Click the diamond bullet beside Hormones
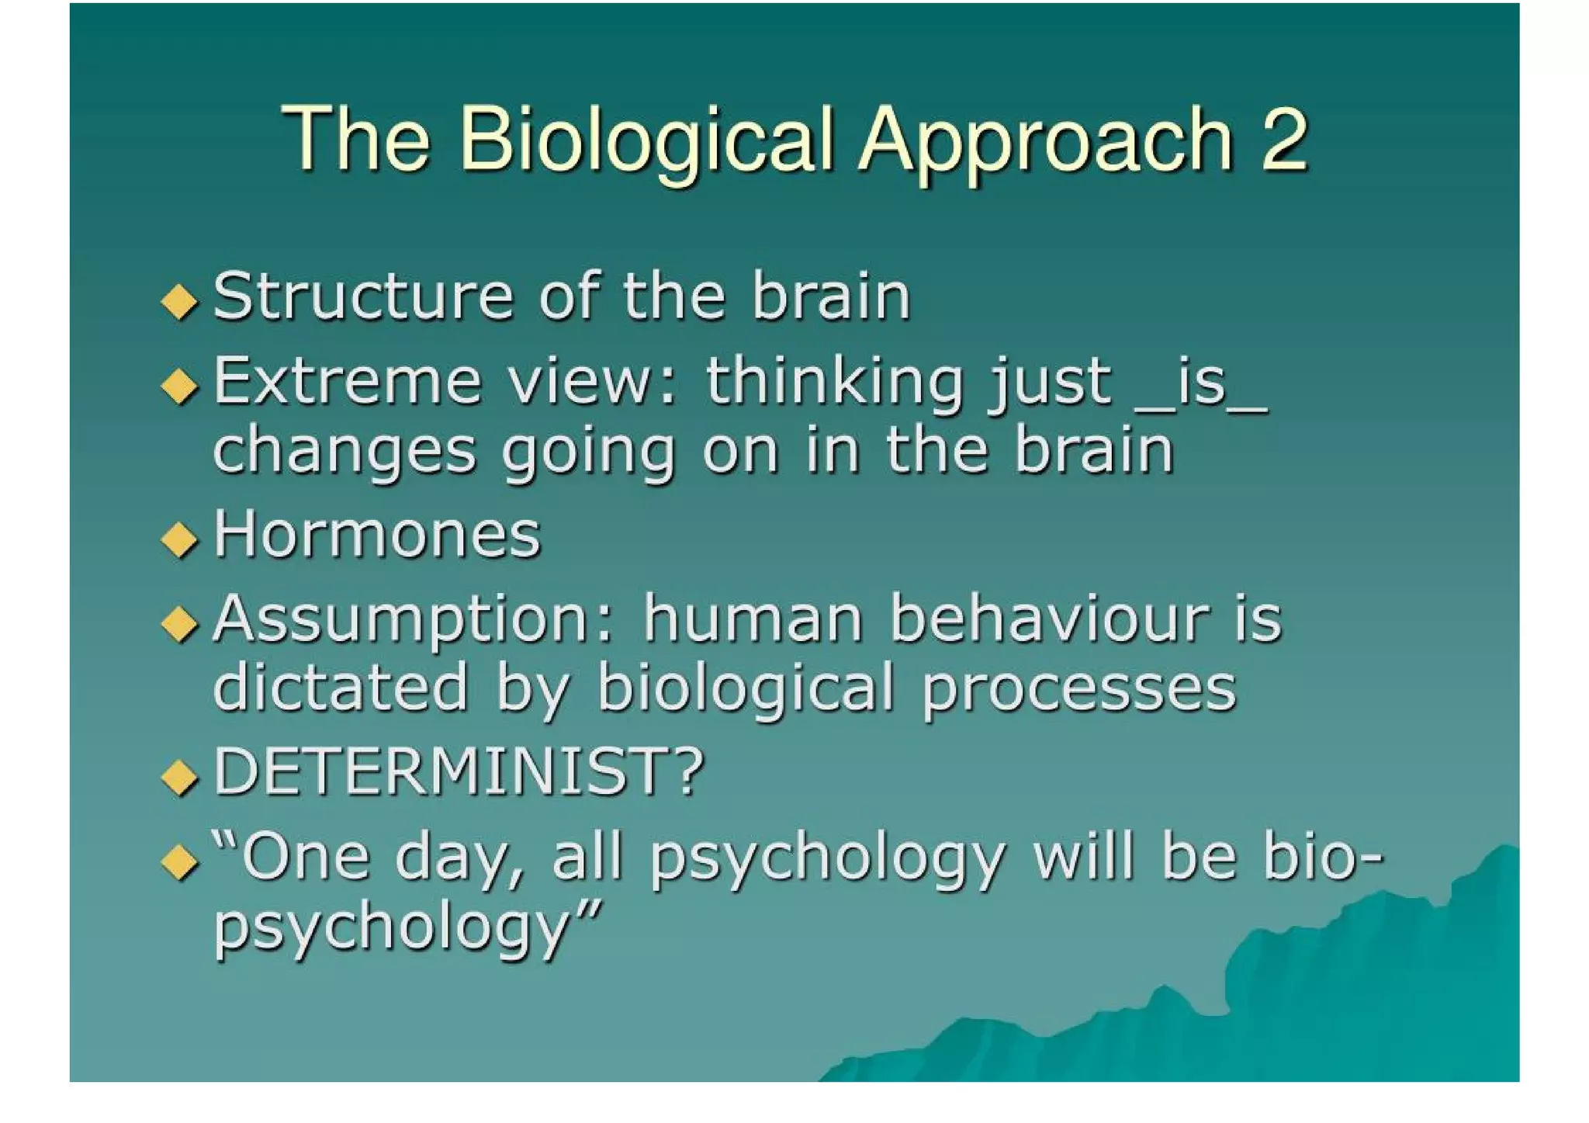180,539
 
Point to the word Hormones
377,535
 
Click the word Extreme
348,381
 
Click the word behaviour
1048,619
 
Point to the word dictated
340,688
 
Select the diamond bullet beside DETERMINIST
180,778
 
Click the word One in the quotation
304,857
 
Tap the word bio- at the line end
1322,857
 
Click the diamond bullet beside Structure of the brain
180,301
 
